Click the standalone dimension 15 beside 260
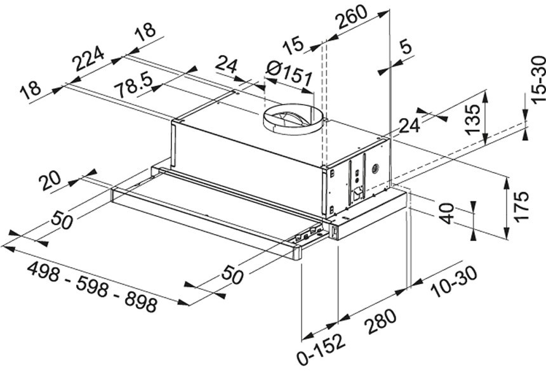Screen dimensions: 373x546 293,46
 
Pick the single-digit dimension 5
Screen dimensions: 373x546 407,47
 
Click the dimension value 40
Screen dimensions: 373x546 448,213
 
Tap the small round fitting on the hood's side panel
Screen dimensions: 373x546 373,169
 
